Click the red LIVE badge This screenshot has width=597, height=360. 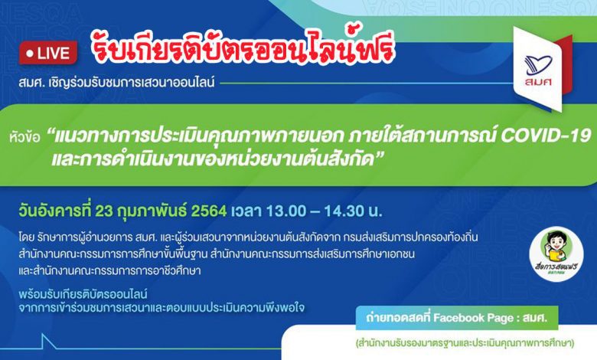pos(48,53)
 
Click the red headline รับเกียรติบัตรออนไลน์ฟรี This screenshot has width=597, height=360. pos(243,49)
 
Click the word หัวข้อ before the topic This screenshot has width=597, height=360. pos(24,137)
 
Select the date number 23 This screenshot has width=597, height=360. pos(104,211)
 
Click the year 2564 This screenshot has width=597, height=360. pos(209,211)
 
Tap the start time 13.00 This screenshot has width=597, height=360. pos(285,211)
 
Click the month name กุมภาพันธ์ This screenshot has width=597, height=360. pos(152,211)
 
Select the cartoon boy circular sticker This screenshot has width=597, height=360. pos(556,254)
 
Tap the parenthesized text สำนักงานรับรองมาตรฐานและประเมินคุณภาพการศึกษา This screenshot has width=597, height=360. pos(465,342)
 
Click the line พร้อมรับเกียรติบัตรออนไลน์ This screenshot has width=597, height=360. pos(83,294)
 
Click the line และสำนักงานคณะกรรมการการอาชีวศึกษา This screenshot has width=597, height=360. pos(109,271)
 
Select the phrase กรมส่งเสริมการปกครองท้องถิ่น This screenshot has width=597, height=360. pos(410,237)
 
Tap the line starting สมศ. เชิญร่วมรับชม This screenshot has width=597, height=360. pos(116,82)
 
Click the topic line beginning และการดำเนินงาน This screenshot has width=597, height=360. pos(217,159)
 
